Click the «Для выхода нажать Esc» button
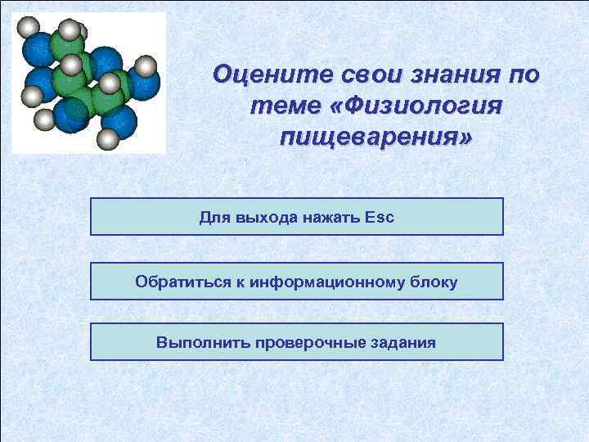[296, 217]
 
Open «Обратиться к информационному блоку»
[296, 282]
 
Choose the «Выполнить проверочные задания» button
[296, 342]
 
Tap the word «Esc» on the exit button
[379, 218]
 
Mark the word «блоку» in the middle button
[430, 282]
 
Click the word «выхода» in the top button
[260, 218]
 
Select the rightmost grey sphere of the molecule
[145, 65]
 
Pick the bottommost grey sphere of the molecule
[107, 139]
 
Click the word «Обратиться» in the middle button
[174, 282]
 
